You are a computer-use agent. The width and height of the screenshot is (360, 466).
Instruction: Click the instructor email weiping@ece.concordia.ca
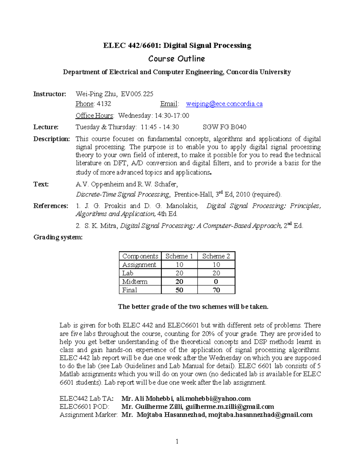(x=224, y=104)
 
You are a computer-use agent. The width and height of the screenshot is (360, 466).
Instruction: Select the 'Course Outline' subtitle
(x=176, y=59)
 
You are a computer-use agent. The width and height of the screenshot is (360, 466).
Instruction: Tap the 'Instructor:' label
(x=49, y=94)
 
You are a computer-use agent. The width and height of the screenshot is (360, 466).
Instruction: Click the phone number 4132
(x=104, y=104)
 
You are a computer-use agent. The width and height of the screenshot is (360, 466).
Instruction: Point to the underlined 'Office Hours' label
(x=94, y=116)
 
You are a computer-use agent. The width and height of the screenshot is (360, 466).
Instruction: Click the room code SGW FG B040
(x=224, y=127)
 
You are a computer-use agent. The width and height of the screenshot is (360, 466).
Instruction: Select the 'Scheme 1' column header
(x=179, y=256)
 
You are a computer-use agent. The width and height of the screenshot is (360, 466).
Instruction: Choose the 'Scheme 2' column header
(x=216, y=256)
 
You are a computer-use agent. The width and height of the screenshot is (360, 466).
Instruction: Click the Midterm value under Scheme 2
(x=216, y=281)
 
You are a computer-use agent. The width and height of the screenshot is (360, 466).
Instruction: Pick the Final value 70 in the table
(x=216, y=290)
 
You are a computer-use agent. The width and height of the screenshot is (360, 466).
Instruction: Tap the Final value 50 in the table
(x=179, y=290)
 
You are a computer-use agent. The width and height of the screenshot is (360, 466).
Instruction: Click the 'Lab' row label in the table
(x=128, y=273)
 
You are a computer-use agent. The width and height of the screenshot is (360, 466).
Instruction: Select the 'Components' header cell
(x=140, y=256)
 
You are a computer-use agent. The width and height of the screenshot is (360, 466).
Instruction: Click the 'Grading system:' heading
(x=58, y=237)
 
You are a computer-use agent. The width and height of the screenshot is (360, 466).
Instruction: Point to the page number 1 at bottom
(x=177, y=441)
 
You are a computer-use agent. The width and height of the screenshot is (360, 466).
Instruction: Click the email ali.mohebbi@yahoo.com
(x=213, y=398)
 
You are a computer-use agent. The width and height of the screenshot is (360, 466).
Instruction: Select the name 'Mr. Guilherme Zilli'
(x=152, y=407)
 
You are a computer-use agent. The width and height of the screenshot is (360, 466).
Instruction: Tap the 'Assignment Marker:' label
(x=88, y=415)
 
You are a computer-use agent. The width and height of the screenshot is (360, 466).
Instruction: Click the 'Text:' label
(x=41, y=184)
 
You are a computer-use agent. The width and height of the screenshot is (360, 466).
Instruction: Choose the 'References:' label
(x=51, y=206)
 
